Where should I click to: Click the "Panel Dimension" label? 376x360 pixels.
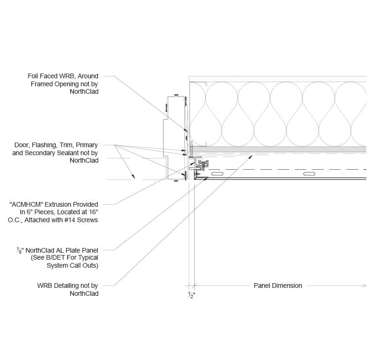278,285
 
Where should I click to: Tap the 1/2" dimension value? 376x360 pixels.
191,295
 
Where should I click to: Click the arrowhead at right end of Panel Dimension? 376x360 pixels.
364,285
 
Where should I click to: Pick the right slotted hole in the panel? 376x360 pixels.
309,174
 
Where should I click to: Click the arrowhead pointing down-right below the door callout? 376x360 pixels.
133,177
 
